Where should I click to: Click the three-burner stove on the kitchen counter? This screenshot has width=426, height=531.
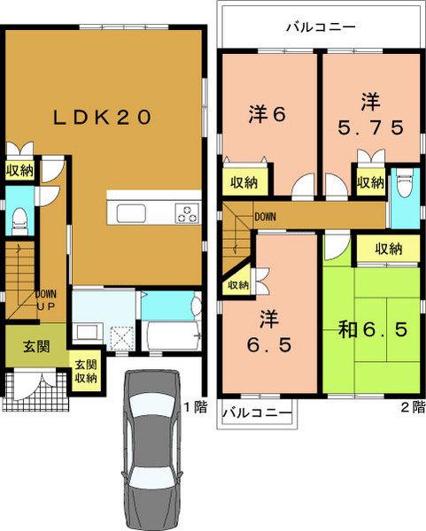click(188, 212)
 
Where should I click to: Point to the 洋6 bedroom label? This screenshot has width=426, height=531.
click(267, 114)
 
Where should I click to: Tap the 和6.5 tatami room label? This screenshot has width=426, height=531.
click(373, 332)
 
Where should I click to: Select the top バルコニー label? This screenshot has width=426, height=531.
click(320, 27)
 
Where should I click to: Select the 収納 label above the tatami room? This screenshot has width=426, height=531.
click(389, 249)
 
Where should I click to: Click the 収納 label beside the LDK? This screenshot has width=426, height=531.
click(19, 170)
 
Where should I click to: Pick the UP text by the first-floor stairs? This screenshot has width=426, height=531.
click(47, 306)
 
